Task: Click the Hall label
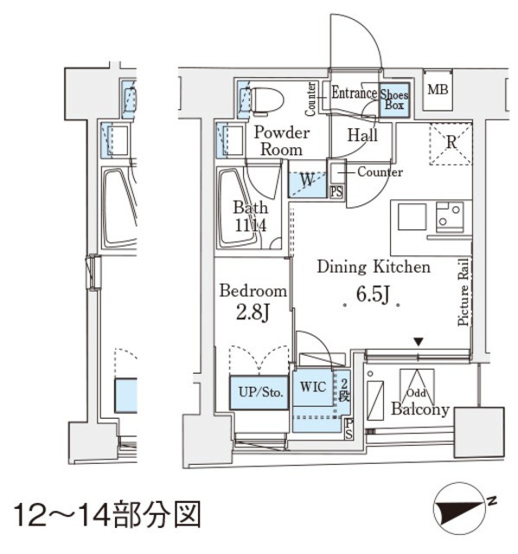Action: (x=361, y=135)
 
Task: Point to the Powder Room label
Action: (x=281, y=141)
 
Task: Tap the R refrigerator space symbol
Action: (x=450, y=144)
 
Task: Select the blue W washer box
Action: (x=307, y=181)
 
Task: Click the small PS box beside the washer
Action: (x=336, y=192)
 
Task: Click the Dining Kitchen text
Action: (x=373, y=267)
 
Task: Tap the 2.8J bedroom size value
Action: (x=252, y=312)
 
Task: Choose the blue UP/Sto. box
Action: (x=258, y=391)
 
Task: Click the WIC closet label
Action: (x=313, y=387)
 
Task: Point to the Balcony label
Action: (x=419, y=409)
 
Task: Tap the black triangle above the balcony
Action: (x=419, y=343)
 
